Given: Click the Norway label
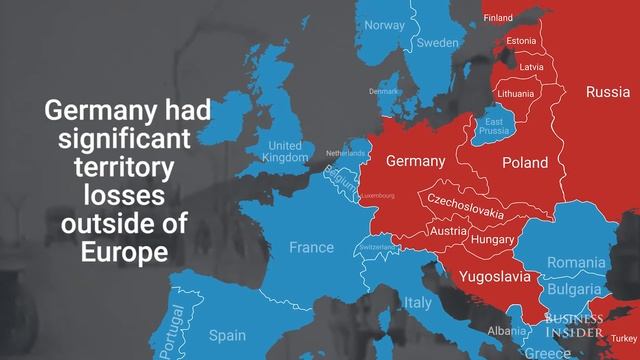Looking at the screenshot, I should [x=385, y=25].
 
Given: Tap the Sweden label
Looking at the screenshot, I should [x=437, y=43].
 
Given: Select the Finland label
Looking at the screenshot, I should [x=498, y=18].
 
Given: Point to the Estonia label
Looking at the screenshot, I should [x=521, y=41].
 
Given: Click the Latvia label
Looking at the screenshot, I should [x=531, y=67].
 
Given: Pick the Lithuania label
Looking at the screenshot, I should [x=516, y=92].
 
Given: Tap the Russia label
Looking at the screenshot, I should [x=607, y=92].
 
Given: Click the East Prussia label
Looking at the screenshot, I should [x=493, y=126].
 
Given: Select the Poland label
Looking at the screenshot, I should [x=525, y=162].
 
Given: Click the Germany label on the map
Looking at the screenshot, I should [x=415, y=161].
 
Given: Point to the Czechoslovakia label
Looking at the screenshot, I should [x=466, y=207].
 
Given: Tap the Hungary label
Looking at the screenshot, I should [x=492, y=240].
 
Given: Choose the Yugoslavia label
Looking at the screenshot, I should [x=494, y=275].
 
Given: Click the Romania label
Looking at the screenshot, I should [x=576, y=262].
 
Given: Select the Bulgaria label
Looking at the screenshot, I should [x=574, y=290].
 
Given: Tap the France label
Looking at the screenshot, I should [x=312, y=247].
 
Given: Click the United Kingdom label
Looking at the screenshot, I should [x=285, y=152].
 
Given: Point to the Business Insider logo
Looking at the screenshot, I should [x=574, y=324].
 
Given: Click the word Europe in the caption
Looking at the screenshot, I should [x=124, y=251].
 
